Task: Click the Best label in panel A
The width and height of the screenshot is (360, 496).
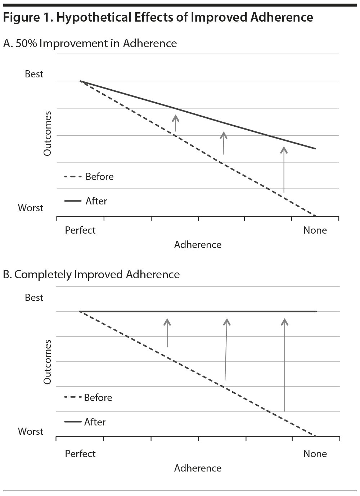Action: pos(34,74)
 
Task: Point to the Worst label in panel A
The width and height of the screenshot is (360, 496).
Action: pos(31,208)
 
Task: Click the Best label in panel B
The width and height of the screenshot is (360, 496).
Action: pos(34,298)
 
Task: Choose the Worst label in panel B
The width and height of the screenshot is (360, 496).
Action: pos(31,432)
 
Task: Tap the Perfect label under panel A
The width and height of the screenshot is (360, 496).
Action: pos(80,230)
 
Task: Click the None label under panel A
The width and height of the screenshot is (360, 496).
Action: pos(315,230)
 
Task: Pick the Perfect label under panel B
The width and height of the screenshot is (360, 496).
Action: pos(80,454)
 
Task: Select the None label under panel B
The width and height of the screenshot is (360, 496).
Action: pos(315,454)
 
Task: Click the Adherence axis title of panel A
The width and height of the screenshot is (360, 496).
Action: pos(198,245)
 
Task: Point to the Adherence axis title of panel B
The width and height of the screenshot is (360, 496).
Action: pos(198,468)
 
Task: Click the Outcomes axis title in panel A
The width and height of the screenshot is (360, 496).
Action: pos(47,134)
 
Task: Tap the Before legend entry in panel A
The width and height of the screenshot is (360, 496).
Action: pos(99,177)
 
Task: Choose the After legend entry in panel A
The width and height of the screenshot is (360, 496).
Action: pos(96,201)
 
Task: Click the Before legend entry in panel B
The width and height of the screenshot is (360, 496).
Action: pos(98,398)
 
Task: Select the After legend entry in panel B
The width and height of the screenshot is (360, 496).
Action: pos(95,422)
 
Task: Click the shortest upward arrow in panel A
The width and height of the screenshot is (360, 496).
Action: pos(176,123)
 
